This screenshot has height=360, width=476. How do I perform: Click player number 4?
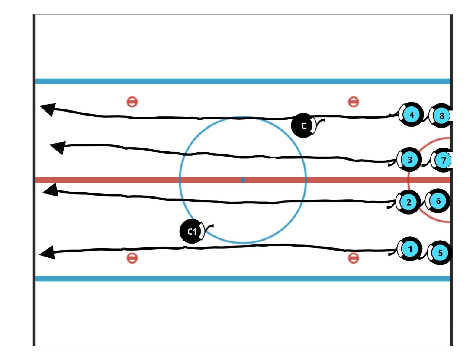click(x=411, y=115)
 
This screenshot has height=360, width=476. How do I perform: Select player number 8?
click(x=441, y=116)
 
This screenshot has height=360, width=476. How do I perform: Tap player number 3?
click(x=410, y=160)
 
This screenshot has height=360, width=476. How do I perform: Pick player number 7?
click(x=443, y=160)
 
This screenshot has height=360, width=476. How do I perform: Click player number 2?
click(x=409, y=202)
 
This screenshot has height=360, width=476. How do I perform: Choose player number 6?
click(x=438, y=201)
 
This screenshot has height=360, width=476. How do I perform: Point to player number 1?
click(x=409, y=249)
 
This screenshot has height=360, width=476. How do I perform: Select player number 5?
click(x=441, y=253)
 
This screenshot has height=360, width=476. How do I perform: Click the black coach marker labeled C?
click(x=303, y=125)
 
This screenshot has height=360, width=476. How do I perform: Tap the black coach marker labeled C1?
click(x=192, y=231)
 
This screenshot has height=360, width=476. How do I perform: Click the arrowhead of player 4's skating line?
click(x=47, y=109)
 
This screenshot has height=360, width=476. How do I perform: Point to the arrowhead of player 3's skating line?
click(x=58, y=147)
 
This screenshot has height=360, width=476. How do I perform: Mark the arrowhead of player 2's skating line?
click(x=50, y=190)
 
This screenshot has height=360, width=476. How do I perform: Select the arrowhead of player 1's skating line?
click(x=47, y=252)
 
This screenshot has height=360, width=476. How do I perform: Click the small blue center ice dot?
click(x=243, y=180)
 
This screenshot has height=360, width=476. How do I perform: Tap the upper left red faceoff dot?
click(x=132, y=102)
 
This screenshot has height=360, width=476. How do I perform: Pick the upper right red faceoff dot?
click(x=354, y=102)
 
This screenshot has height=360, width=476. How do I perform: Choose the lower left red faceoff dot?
click(x=132, y=258)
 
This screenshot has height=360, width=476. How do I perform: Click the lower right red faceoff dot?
click(x=354, y=258)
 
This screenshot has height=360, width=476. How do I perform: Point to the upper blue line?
click(x=242, y=81)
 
